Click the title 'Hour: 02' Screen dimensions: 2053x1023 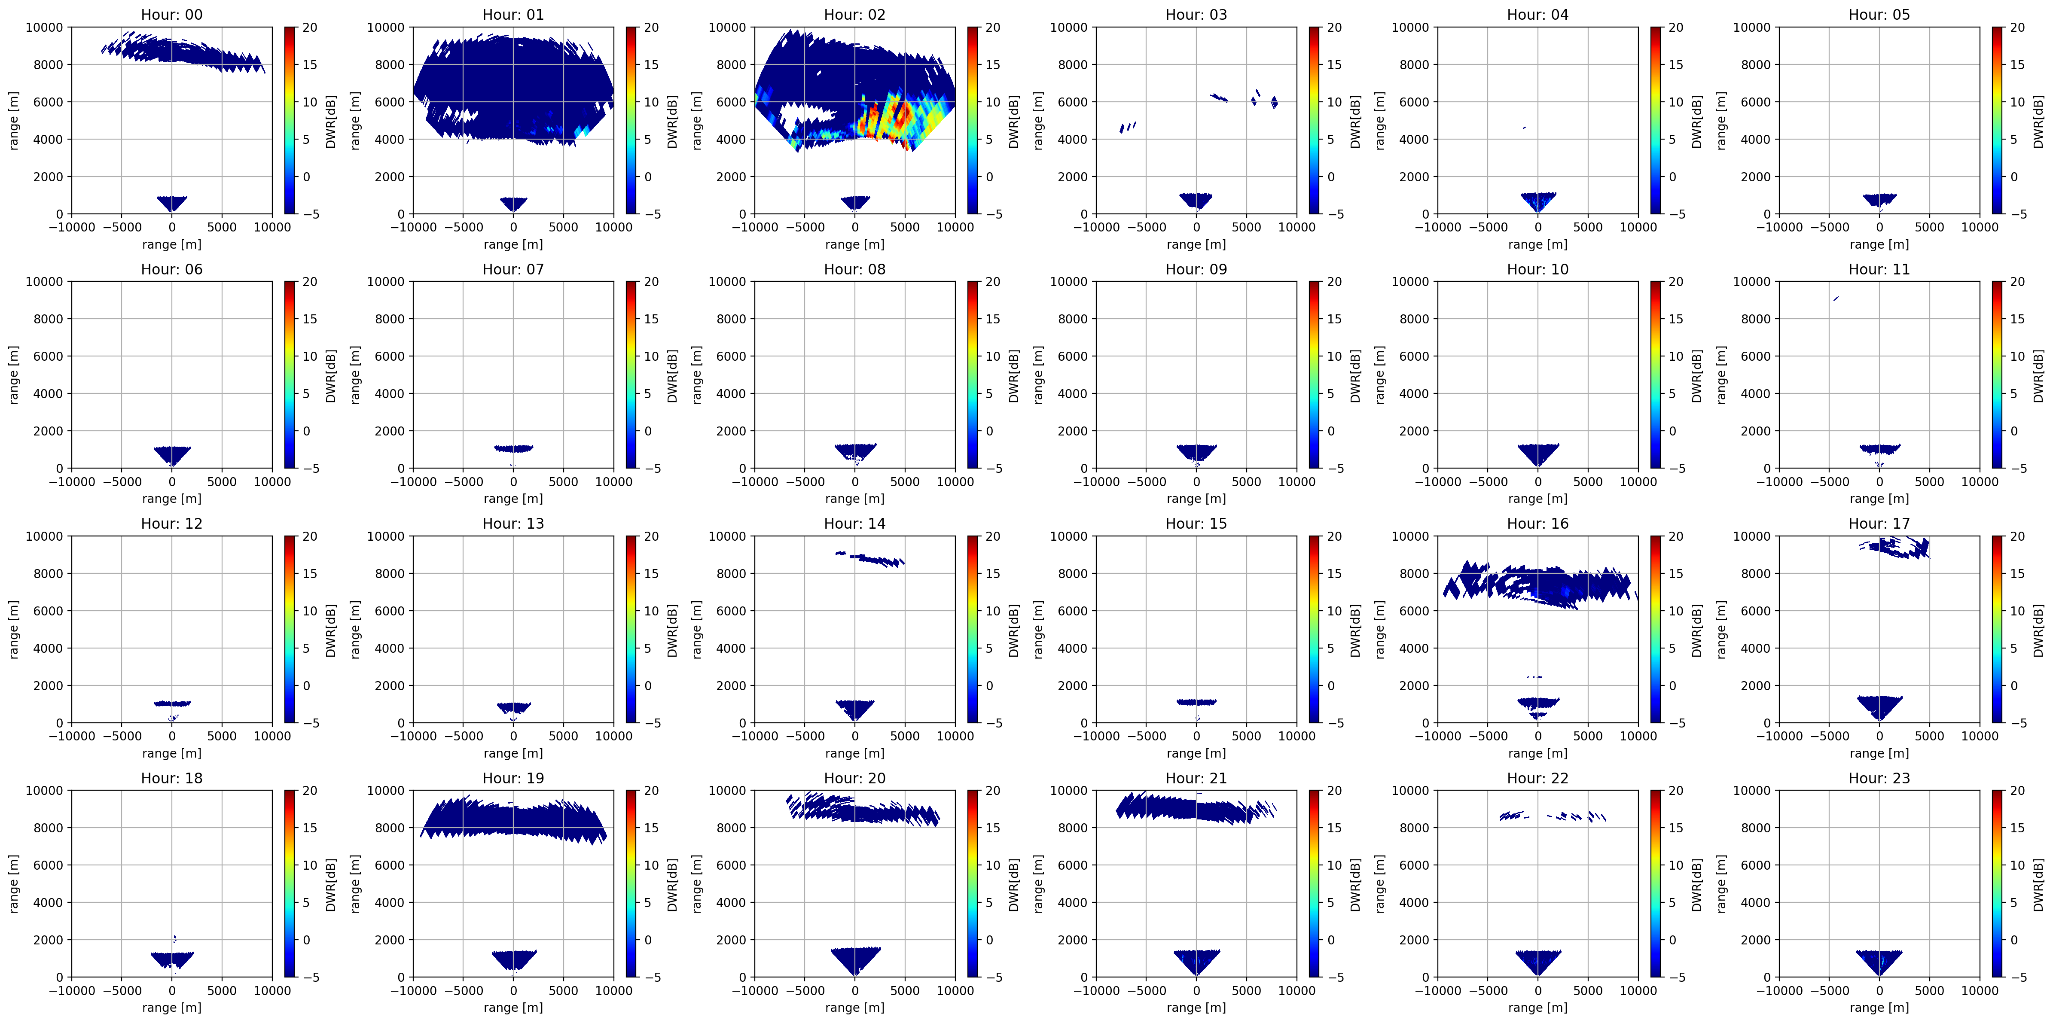pos(854,14)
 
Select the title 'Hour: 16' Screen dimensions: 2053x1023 pos(1537,524)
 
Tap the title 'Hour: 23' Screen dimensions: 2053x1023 pos(1879,778)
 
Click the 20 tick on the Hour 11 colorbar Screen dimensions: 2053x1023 pos(2017,281)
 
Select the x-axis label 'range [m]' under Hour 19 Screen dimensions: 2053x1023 pos(513,1007)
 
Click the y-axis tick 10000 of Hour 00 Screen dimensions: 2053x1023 pos(45,27)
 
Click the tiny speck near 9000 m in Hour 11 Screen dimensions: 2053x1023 pos(1836,299)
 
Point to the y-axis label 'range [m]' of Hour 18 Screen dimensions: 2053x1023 pos(14,883)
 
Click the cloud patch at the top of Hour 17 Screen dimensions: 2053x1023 pos(1897,547)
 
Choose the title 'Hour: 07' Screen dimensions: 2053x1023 pos(513,269)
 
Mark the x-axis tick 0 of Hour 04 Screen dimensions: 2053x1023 pos(1537,227)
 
